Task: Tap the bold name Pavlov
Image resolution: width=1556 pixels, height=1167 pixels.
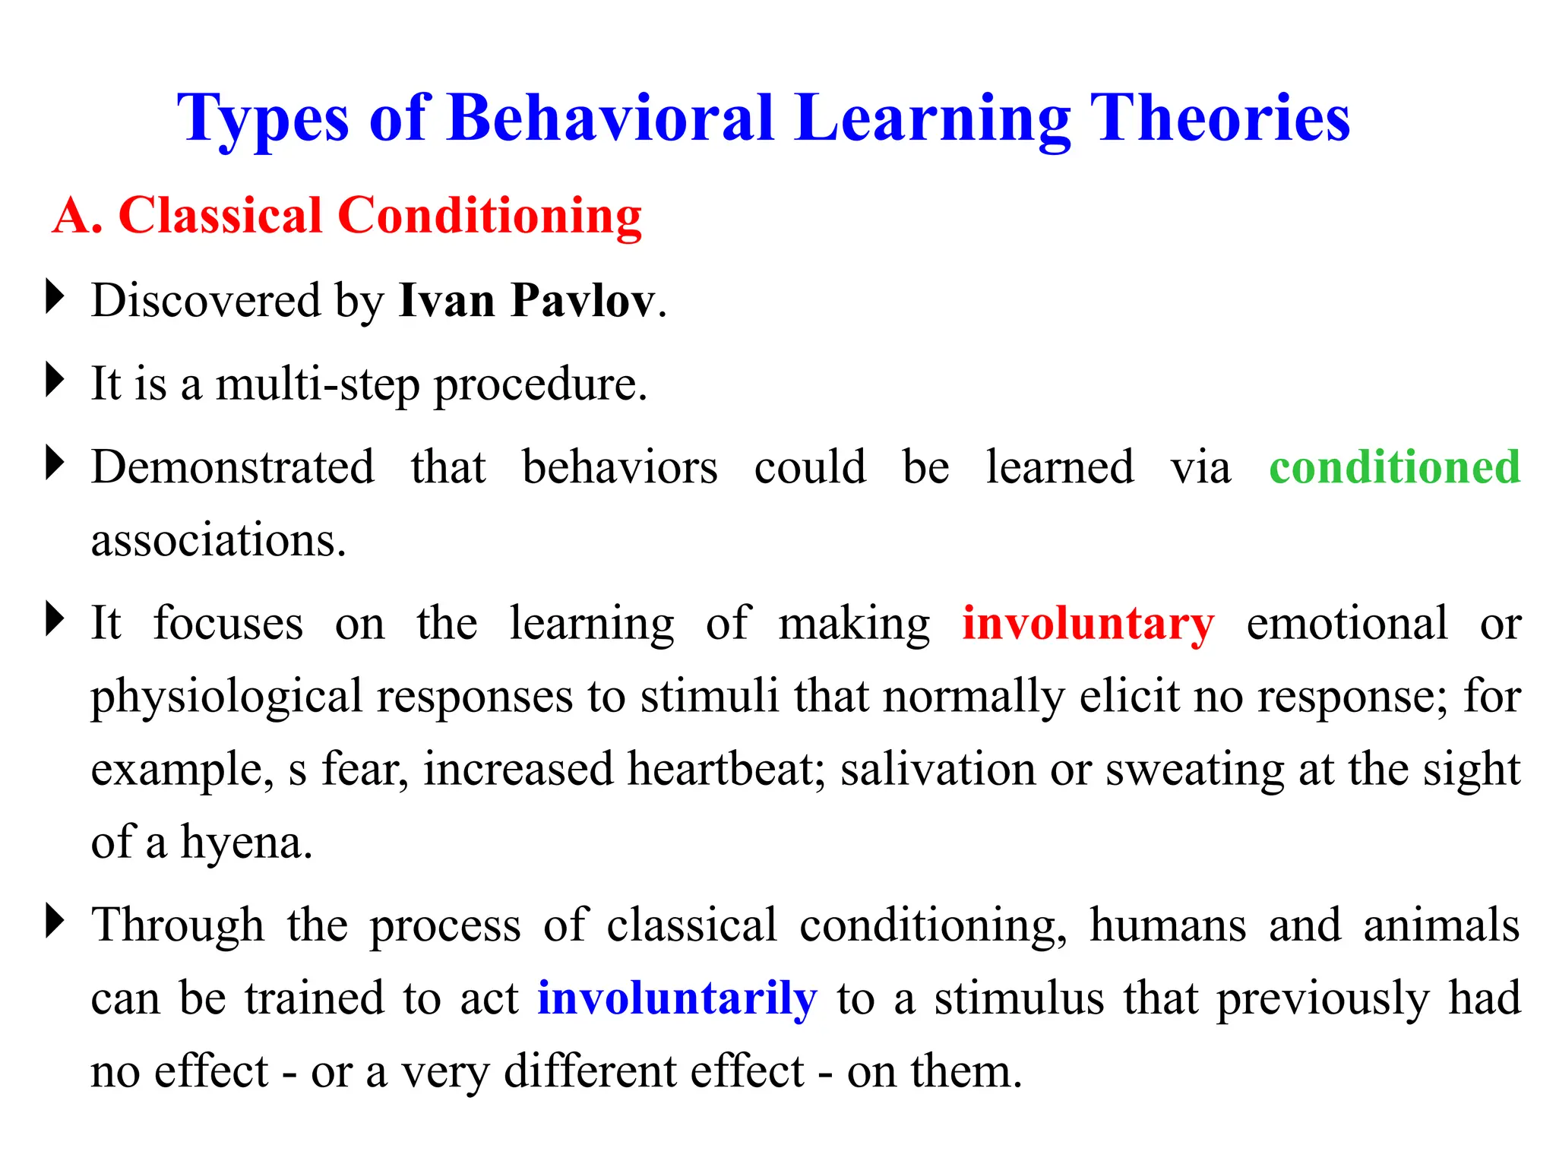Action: [x=582, y=300]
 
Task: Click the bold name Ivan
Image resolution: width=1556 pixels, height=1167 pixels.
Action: [x=447, y=300]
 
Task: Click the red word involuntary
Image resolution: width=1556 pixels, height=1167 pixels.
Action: [x=1088, y=624]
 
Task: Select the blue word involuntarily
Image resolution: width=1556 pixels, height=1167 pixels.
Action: [x=677, y=998]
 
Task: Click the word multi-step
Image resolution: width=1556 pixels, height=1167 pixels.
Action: [x=317, y=384]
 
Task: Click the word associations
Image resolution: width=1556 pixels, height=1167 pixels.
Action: [x=218, y=540]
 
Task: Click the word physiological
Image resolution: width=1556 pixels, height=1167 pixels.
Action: [x=226, y=697]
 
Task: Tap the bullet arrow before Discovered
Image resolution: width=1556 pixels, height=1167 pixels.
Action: [x=55, y=296]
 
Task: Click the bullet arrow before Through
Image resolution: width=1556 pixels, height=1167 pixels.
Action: [x=55, y=921]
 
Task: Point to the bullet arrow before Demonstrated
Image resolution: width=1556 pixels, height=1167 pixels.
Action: [x=55, y=463]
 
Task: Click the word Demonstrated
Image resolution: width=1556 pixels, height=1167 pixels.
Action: [x=232, y=466]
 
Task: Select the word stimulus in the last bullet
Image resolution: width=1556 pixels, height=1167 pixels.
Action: [x=1019, y=998]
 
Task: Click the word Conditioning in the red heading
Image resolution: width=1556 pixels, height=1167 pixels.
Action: [x=489, y=216]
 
